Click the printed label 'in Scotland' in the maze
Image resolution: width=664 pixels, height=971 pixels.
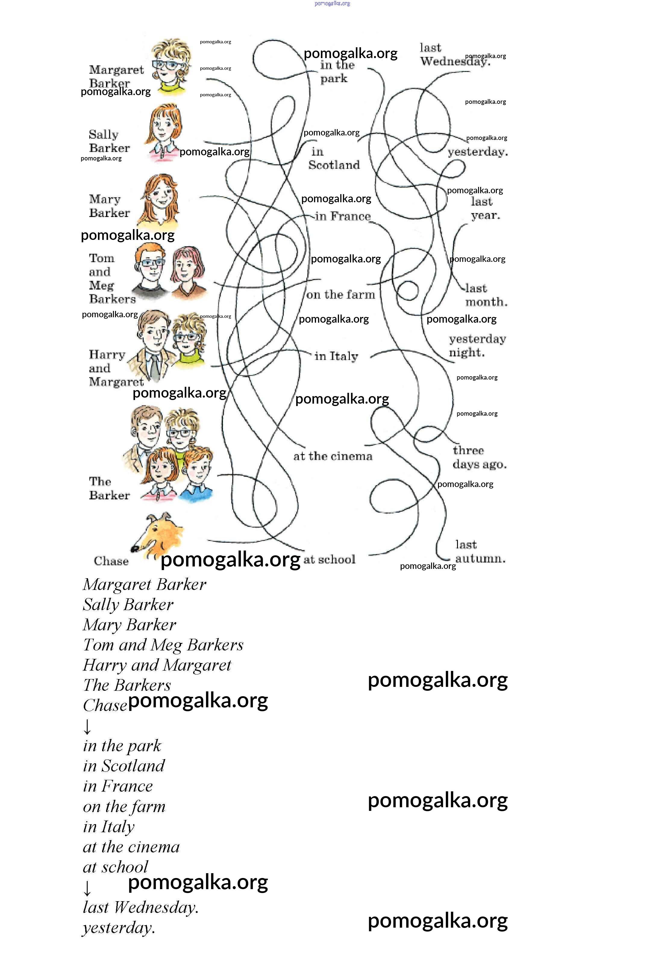pyautogui.click(x=334, y=158)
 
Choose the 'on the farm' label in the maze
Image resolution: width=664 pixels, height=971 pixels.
pyautogui.click(x=340, y=295)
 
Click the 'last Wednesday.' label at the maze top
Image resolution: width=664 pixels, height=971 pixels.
pyautogui.click(x=454, y=55)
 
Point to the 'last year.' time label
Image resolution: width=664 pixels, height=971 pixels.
pyautogui.click(x=485, y=209)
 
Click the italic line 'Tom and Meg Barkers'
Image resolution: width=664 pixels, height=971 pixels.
pyautogui.click(x=163, y=645)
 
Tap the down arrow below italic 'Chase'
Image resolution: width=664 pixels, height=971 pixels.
pyautogui.click(x=87, y=727)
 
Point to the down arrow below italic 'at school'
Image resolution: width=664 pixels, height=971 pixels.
pyautogui.click(x=87, y=888)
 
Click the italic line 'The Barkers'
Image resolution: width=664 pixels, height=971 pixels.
pyautogui.click(x=127, y=685)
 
